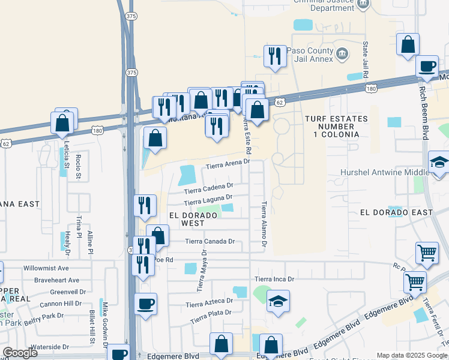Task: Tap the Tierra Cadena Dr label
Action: (209, 188)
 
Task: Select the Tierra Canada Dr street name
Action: (209, 241)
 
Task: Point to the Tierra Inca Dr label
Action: (274, 279)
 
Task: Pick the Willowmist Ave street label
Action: (46, 268)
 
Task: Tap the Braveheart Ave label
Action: (56, 280)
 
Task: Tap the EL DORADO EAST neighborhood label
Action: (397, 212)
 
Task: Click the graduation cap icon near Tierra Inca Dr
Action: (278, 301)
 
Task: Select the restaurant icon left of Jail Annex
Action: (275, 56)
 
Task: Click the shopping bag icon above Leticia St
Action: (63, 123)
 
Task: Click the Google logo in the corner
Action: (20, 353)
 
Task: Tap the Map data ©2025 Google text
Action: (411, 355)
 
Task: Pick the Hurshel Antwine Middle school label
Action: (385, 172)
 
